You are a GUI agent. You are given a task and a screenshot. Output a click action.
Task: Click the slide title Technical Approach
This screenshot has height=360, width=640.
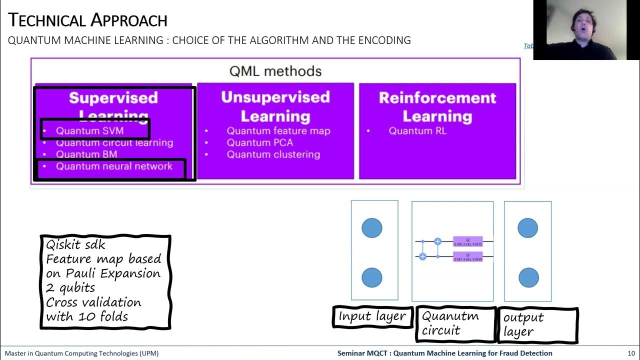pyautogui.click(x=88, y=20)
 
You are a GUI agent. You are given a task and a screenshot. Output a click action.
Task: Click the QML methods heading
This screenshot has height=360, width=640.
pyautogui.click(x=275, y=71)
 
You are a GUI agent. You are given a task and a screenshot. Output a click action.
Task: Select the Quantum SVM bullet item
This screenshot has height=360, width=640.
pyautogui.click(x=89, y=130)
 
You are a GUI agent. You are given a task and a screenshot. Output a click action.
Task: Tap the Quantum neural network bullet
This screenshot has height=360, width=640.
pyautogui.click(x=114, y=166)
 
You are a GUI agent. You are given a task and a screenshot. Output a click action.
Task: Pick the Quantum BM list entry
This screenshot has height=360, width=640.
pyautogui.click(x=86, y=154)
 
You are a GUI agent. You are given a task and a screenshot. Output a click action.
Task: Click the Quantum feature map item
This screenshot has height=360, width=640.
pyautogui.click(x=278, y=130)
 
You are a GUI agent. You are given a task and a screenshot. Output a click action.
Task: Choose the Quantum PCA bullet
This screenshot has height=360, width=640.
pyautogui.click(x=259, y=142)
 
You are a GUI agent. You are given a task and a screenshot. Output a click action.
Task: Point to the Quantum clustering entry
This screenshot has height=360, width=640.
pyautogui.click(x=273, y=154)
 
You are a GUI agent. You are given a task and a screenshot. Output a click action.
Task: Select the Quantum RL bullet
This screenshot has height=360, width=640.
pyautogui.click(x=417, y=130)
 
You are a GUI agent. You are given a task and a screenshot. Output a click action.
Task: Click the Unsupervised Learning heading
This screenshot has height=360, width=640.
pyautogui.click(x=275, y=106)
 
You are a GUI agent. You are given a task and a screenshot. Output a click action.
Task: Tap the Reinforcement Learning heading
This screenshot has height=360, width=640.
pyautogui.click(x=437, y=106)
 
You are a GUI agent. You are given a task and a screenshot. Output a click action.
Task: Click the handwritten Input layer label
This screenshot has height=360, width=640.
pyautogui.click(x=372, y=316)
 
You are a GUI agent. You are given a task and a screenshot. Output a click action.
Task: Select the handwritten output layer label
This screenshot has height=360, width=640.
pyautogui.click(x=523, y=324)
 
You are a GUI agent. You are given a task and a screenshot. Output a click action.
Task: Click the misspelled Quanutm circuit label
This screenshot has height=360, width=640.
pyautogui.click(x=450, y=323)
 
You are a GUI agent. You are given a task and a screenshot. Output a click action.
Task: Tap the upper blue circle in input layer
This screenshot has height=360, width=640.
pyautogui.click(x=372, y=228)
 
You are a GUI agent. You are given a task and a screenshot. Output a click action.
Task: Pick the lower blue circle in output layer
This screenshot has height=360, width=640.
pyautogui.click(x=528, y=277)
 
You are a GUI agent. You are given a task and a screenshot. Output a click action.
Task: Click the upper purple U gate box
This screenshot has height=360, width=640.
pyautogui.click(x=467, y=241)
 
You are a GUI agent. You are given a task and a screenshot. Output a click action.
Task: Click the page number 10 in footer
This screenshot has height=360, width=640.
pyautogui.click(x=631, y=353)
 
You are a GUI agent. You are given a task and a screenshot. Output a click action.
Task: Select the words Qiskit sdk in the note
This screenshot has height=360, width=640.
pyautogui.click(x=75, y=244)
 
